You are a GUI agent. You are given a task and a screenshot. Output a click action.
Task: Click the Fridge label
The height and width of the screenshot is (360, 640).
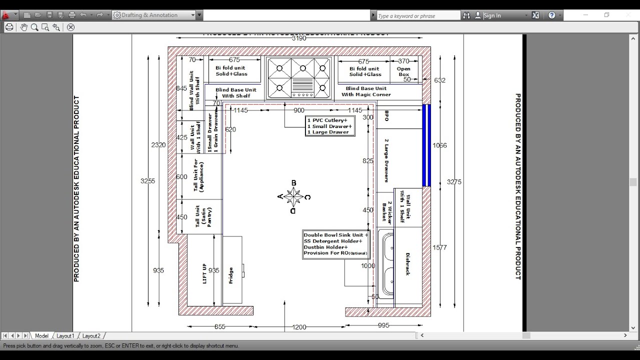(231, 275)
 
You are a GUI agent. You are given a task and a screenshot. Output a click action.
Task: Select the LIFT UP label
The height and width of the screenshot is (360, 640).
(204, 273)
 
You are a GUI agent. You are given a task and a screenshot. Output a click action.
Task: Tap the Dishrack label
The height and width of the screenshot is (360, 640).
(407, 263)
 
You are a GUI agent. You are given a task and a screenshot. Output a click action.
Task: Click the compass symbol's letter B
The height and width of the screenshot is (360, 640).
(294, 183)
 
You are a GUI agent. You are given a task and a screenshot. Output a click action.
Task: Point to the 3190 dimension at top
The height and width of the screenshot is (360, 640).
(298, 38)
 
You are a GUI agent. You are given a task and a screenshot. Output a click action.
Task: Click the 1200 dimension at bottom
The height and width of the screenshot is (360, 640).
(299, 327)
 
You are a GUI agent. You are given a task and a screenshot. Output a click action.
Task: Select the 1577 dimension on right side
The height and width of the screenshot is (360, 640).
(439, 247)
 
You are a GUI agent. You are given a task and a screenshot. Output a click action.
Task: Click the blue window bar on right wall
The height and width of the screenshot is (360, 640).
(426, 145)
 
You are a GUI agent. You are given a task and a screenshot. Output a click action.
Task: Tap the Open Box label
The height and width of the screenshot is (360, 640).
(403, 71)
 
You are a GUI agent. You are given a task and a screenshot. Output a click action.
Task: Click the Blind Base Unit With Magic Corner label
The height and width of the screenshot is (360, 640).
(366, 91)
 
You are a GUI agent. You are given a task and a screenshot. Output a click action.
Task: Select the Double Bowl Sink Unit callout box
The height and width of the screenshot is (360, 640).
(335, 244)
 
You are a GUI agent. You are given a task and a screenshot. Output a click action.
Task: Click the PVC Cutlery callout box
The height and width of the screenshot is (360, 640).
(329, 126)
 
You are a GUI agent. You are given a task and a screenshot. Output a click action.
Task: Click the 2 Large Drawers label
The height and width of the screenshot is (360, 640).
(386, 160)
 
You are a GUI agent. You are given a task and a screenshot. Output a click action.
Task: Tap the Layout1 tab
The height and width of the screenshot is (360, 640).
(65, 336)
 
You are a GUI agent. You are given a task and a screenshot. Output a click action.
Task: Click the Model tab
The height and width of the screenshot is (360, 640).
(41, 336)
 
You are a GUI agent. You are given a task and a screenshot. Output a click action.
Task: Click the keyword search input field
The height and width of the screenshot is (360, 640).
(417, 16)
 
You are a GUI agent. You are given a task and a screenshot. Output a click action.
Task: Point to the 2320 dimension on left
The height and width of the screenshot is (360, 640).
(158, 145)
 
